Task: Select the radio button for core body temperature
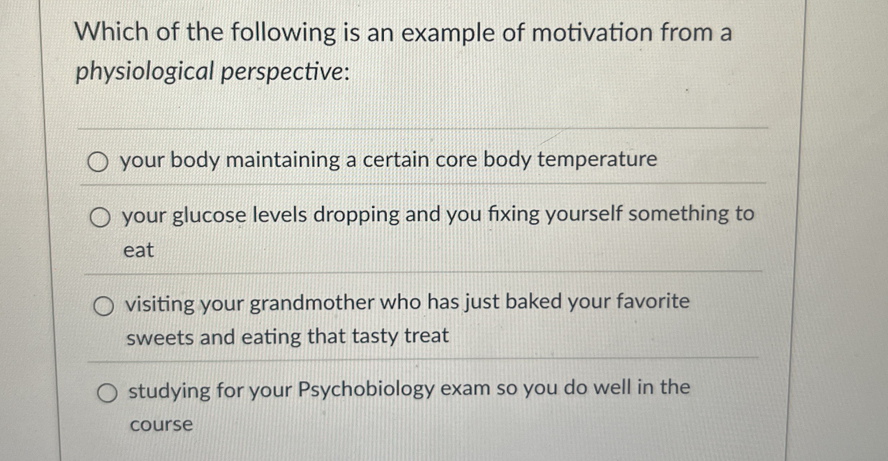[98, 162]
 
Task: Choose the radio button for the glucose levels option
[100, 218]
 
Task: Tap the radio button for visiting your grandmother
[103, 306]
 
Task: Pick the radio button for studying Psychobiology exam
[107, 393]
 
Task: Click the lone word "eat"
[139, 250]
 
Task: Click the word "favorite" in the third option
[653, 301]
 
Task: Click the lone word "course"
[161, 425]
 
